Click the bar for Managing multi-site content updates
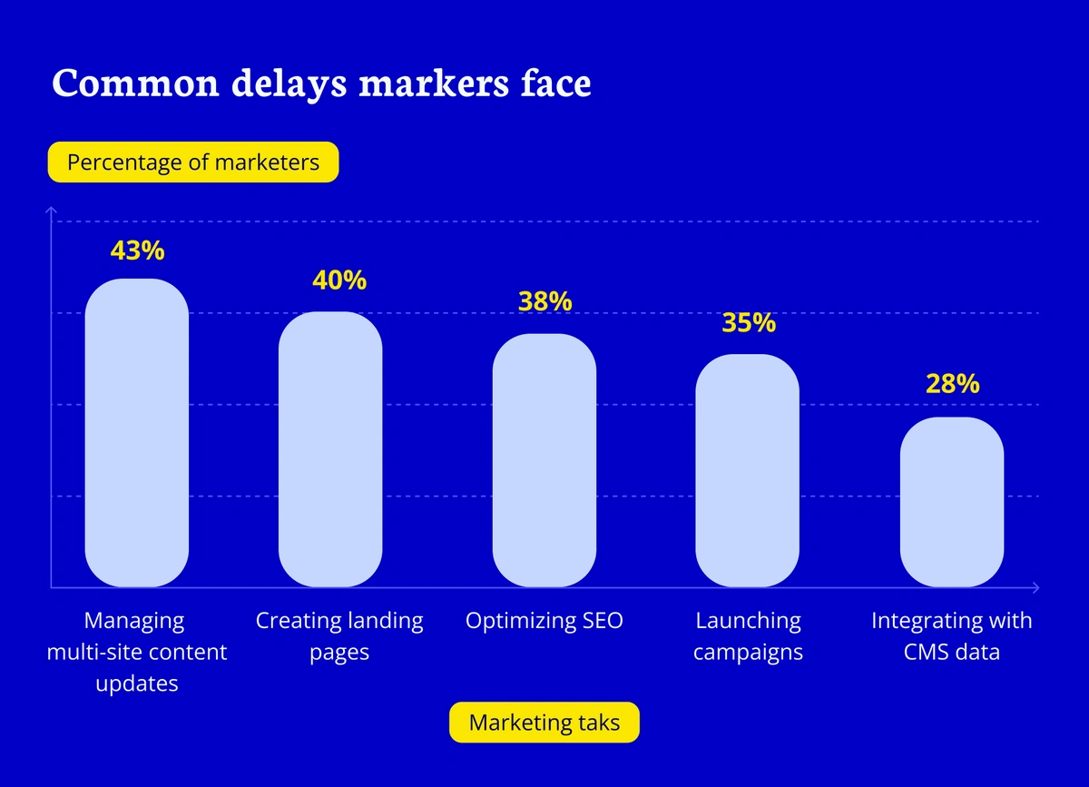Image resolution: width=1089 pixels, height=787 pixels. pos(136,433)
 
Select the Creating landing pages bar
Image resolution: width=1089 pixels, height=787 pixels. pos(330,449)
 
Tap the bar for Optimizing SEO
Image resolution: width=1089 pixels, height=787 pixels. pos(544,460)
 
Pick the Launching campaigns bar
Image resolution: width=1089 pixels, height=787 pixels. pos(747,470)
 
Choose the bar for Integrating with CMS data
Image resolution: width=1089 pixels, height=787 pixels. pos(952,502)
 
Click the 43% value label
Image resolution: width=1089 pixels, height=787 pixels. pos(136,251)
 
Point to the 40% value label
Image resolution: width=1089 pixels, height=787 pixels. pos(339,280)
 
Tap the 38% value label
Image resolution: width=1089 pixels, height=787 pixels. pos(544,301)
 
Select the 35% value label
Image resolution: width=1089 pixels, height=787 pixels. pos(749,322)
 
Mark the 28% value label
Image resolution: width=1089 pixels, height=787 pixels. pos(953,383)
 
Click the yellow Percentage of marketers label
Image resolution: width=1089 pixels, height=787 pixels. pos(193,162)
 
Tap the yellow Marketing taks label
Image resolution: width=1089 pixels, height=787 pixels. pos(544,723)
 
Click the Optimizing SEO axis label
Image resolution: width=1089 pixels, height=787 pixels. pos(544,621)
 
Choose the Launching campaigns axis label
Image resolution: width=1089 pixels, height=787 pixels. pos(749,636)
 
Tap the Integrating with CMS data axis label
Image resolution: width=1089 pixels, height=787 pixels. pos(952,636)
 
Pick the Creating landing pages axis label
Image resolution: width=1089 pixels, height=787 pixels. pos(339,636)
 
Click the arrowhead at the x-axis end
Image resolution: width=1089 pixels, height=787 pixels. pos(1035,587)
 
